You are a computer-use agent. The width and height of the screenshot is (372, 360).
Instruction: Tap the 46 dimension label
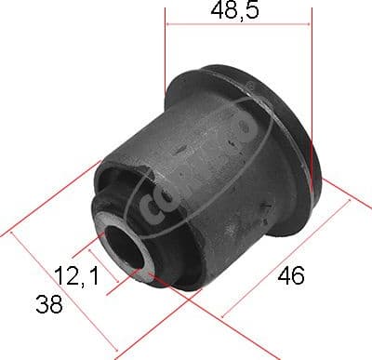[289, 276]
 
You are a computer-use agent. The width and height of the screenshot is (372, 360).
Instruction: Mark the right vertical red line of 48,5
[312, 74]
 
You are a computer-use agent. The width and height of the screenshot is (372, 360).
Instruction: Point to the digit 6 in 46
[298, 276]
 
